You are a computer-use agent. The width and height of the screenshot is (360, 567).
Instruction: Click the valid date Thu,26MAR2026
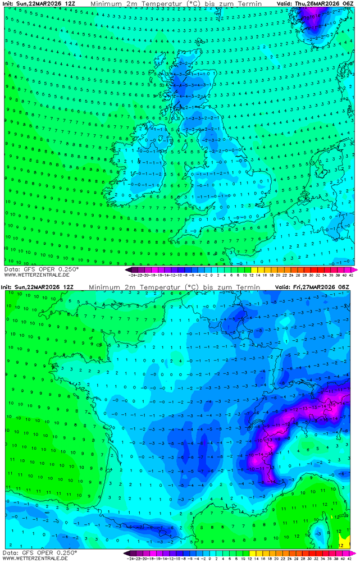(x=319, y=3)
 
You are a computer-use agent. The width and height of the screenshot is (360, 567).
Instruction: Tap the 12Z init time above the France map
(x=68, y=287)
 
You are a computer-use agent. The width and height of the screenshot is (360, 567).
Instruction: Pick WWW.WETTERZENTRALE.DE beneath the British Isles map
(x=37, y=275)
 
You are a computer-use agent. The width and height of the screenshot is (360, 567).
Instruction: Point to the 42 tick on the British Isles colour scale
(x=350, y=276)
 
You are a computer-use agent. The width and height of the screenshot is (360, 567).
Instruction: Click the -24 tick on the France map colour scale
(x=131, y=559)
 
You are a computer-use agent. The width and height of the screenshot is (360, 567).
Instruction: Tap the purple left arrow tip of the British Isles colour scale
(x=127, y=269)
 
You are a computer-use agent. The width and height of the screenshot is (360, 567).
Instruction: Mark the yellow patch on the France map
(x=345, y=539)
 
